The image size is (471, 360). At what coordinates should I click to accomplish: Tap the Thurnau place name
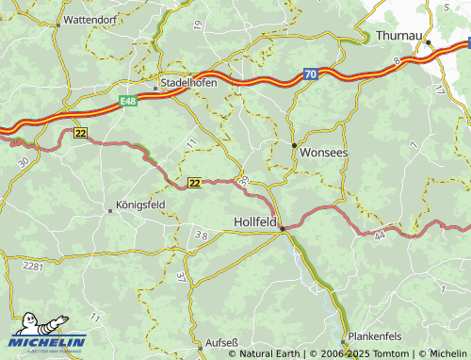[x=398, y=35]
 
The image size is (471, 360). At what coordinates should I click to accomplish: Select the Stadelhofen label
[x=190, y=82]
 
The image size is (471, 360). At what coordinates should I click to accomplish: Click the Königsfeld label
[x=139, y=204]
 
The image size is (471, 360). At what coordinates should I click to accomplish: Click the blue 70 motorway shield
[x=310, y=73]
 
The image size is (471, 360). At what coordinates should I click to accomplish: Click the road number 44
[x=379, y=236]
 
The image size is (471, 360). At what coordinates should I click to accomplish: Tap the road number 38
[x=201, y=235]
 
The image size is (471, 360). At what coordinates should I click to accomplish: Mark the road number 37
[x=180, y=276]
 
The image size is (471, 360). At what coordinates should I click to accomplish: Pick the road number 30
[x=23, y=162]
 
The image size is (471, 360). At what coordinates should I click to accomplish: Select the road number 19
[x=196, y=24]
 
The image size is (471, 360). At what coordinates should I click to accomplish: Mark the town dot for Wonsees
[x=294, y=145]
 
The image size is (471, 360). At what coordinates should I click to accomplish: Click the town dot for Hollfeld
[x=281, y=228]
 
